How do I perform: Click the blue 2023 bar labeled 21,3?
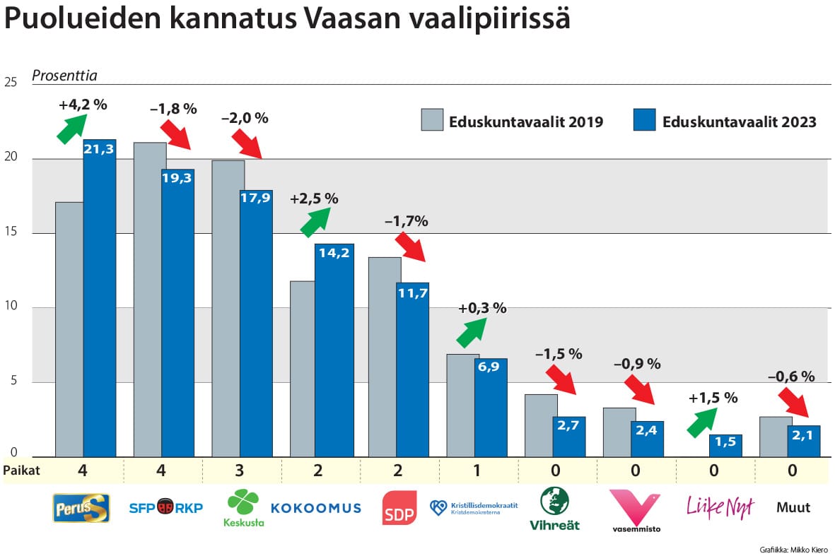(100, 297)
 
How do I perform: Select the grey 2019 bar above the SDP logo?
(385, 357)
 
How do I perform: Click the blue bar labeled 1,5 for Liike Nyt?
(725, 446)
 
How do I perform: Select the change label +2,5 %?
(314, 199)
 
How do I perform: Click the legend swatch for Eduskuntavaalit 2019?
(432, 121)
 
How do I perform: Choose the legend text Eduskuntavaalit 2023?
(739, 122)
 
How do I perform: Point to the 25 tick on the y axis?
(10, 83)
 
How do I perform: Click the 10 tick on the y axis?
(10, 307)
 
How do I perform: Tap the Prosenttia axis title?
(64, 76)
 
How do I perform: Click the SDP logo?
(399, 508)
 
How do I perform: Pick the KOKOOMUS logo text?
(315, 508)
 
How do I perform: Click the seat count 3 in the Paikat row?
(242, 471)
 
